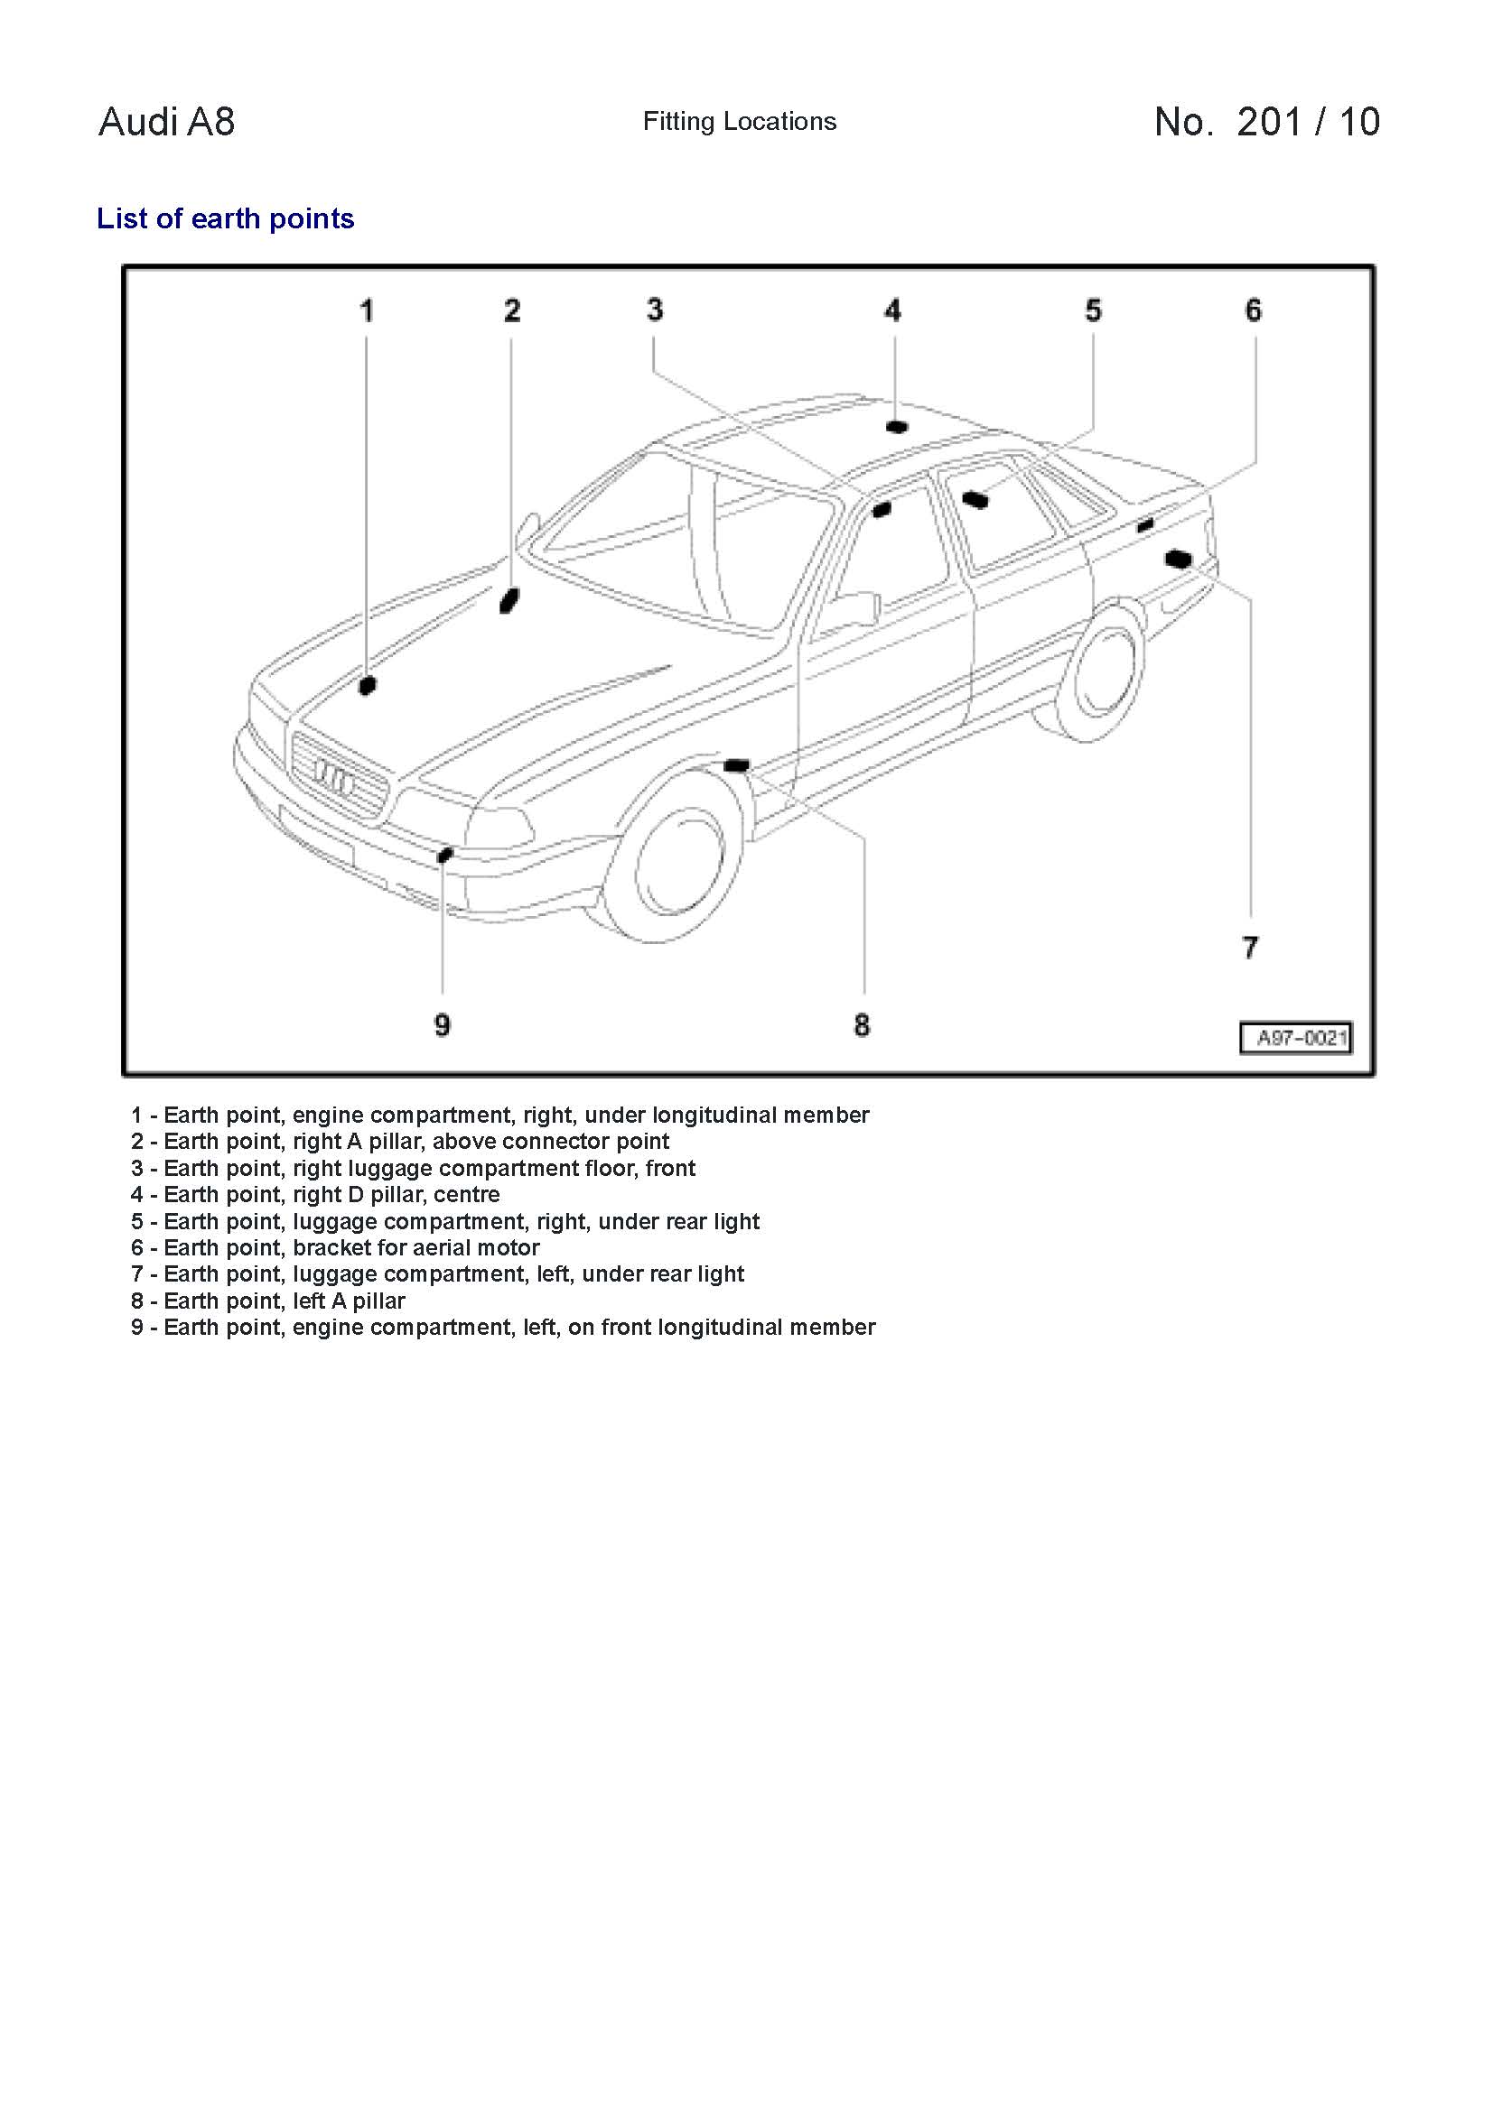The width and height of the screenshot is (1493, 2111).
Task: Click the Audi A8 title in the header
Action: point(166,121)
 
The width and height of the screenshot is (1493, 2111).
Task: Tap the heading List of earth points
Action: point(226,218)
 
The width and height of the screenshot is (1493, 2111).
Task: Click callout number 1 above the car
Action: point(366,310)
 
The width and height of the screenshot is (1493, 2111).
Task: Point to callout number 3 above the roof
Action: point(654,310)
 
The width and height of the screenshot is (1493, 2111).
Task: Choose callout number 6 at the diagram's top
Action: point(1253,310)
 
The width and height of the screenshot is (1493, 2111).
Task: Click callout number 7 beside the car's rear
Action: point(1249,947)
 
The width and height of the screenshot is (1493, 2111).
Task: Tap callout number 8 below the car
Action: point(861,1024)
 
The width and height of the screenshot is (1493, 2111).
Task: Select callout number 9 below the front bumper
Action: point(443,1024)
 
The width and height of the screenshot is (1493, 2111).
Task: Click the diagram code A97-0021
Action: point(1296,1038)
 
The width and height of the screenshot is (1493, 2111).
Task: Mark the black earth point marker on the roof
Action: point(896,427)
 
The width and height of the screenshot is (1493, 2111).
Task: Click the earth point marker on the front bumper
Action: point(445,855)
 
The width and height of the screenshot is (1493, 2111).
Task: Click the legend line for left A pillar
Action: point(267,1301)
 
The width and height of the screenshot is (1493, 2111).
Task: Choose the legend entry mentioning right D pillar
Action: point(315,1194)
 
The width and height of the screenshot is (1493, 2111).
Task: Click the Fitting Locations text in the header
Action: point(740,121)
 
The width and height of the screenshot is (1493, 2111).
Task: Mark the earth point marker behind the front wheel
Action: point(738,765)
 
